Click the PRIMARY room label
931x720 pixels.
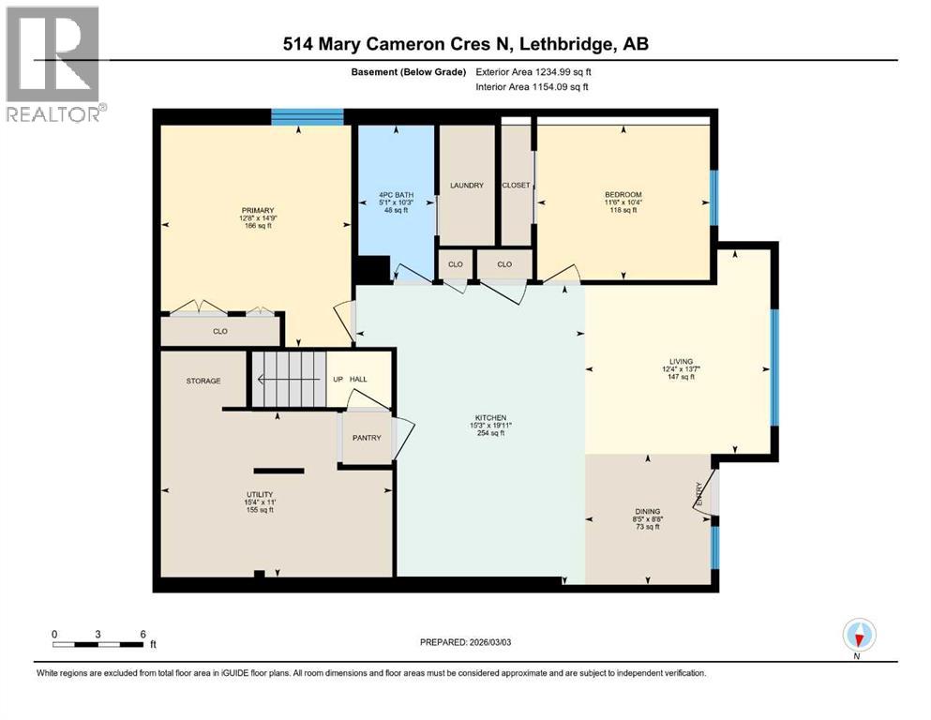(256, 210)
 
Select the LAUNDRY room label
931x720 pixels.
(466, 186)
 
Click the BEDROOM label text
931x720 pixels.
(623, 194)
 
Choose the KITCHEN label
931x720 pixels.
(490, 417)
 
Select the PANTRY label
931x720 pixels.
(366, 438)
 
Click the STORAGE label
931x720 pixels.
(203, 381)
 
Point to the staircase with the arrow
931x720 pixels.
(286, 379)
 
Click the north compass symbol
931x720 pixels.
(859, 636)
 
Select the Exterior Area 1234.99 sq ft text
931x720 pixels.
(533, 71)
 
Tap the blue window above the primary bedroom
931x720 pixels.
(308, 117)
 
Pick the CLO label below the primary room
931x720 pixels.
(219, 331)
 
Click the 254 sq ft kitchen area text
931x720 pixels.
(490, 434)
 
